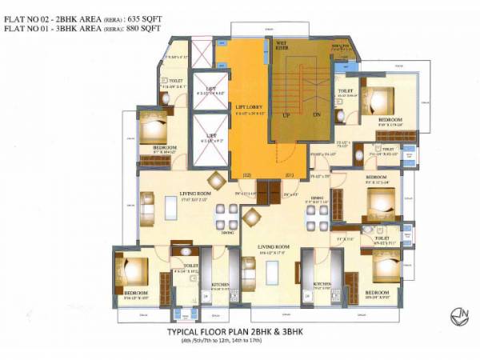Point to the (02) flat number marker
pos(246,174)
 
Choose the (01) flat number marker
pos(289,174)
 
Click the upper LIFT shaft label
pos(211,88)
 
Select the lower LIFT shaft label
pos(211,135)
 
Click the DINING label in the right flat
pos(317,198)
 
